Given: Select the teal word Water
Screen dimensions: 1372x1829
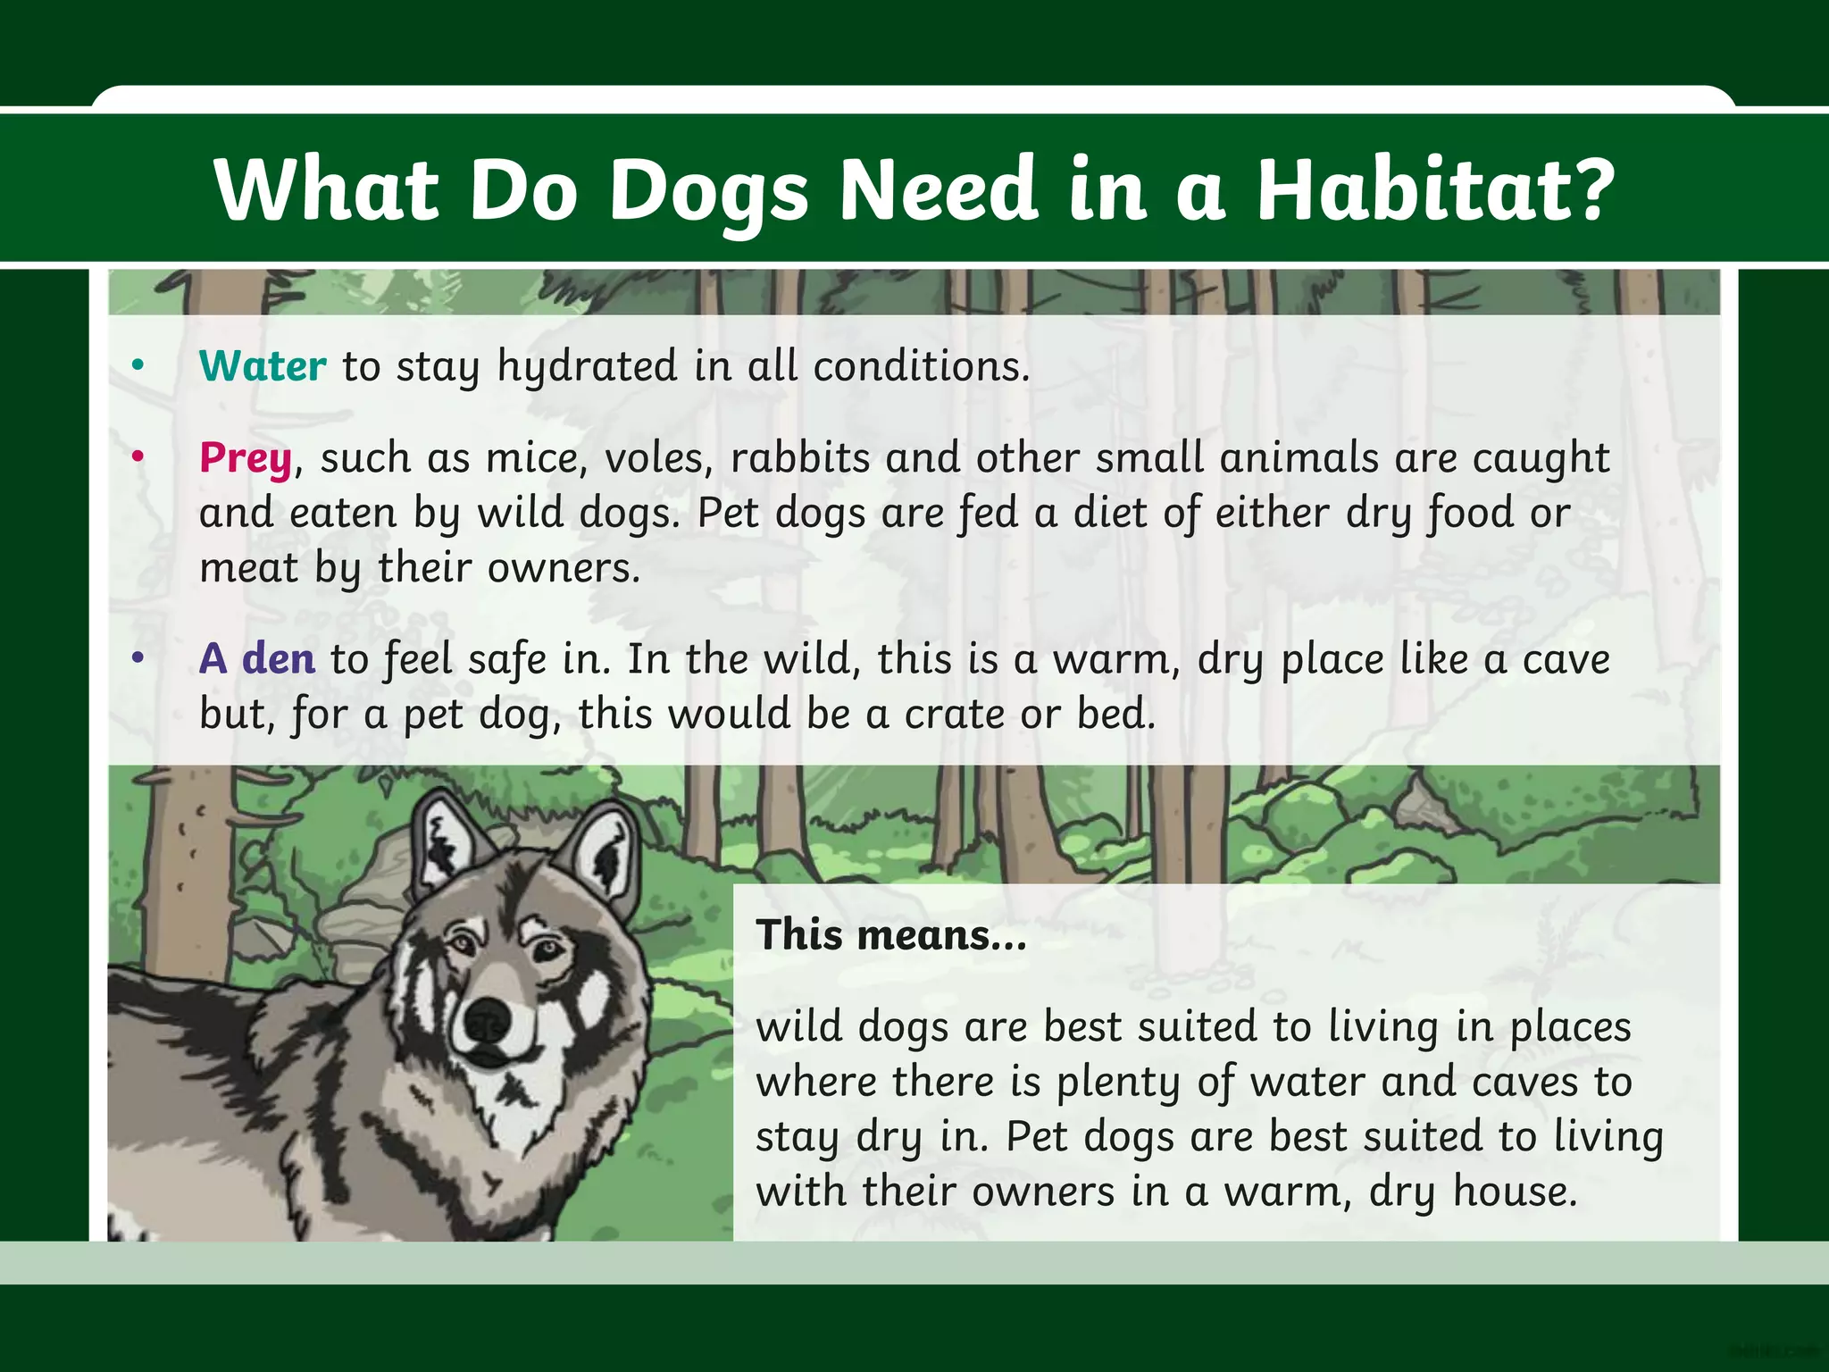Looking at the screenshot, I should click(x=263, y=366).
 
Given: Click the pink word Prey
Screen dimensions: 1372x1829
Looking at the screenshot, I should click(x=246, y=459).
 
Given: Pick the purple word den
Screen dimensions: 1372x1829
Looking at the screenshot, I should click(x=278, y=659).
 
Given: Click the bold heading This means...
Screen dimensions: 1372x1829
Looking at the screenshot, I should click(x=890, y=935).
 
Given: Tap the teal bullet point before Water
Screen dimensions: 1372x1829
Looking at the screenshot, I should click(x=138, y=365).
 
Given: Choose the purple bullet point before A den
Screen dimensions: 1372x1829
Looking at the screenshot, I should click(x=138, y=658).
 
